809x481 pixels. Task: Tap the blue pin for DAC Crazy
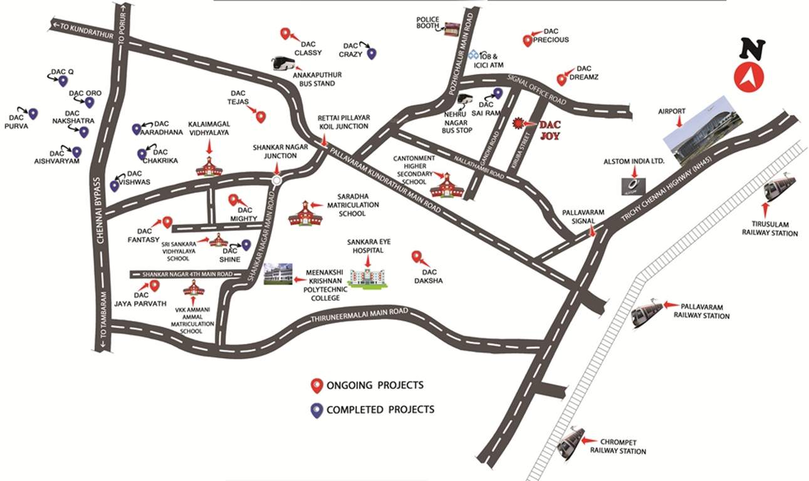(371, 54)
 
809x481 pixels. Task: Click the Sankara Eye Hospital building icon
(367, 276)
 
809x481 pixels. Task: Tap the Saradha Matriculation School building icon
(305, 214)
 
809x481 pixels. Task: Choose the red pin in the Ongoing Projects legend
(317, 385)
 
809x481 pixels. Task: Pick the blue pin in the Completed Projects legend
(317, 410)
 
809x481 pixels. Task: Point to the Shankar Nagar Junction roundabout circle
(277, 180)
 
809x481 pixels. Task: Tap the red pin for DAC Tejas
(261, 116)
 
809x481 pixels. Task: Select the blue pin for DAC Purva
(33, 113)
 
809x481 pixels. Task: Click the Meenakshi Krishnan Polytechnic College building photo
(278, 274)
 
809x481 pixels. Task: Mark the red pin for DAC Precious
(528, 41)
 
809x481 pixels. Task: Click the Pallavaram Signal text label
(583, 217)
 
